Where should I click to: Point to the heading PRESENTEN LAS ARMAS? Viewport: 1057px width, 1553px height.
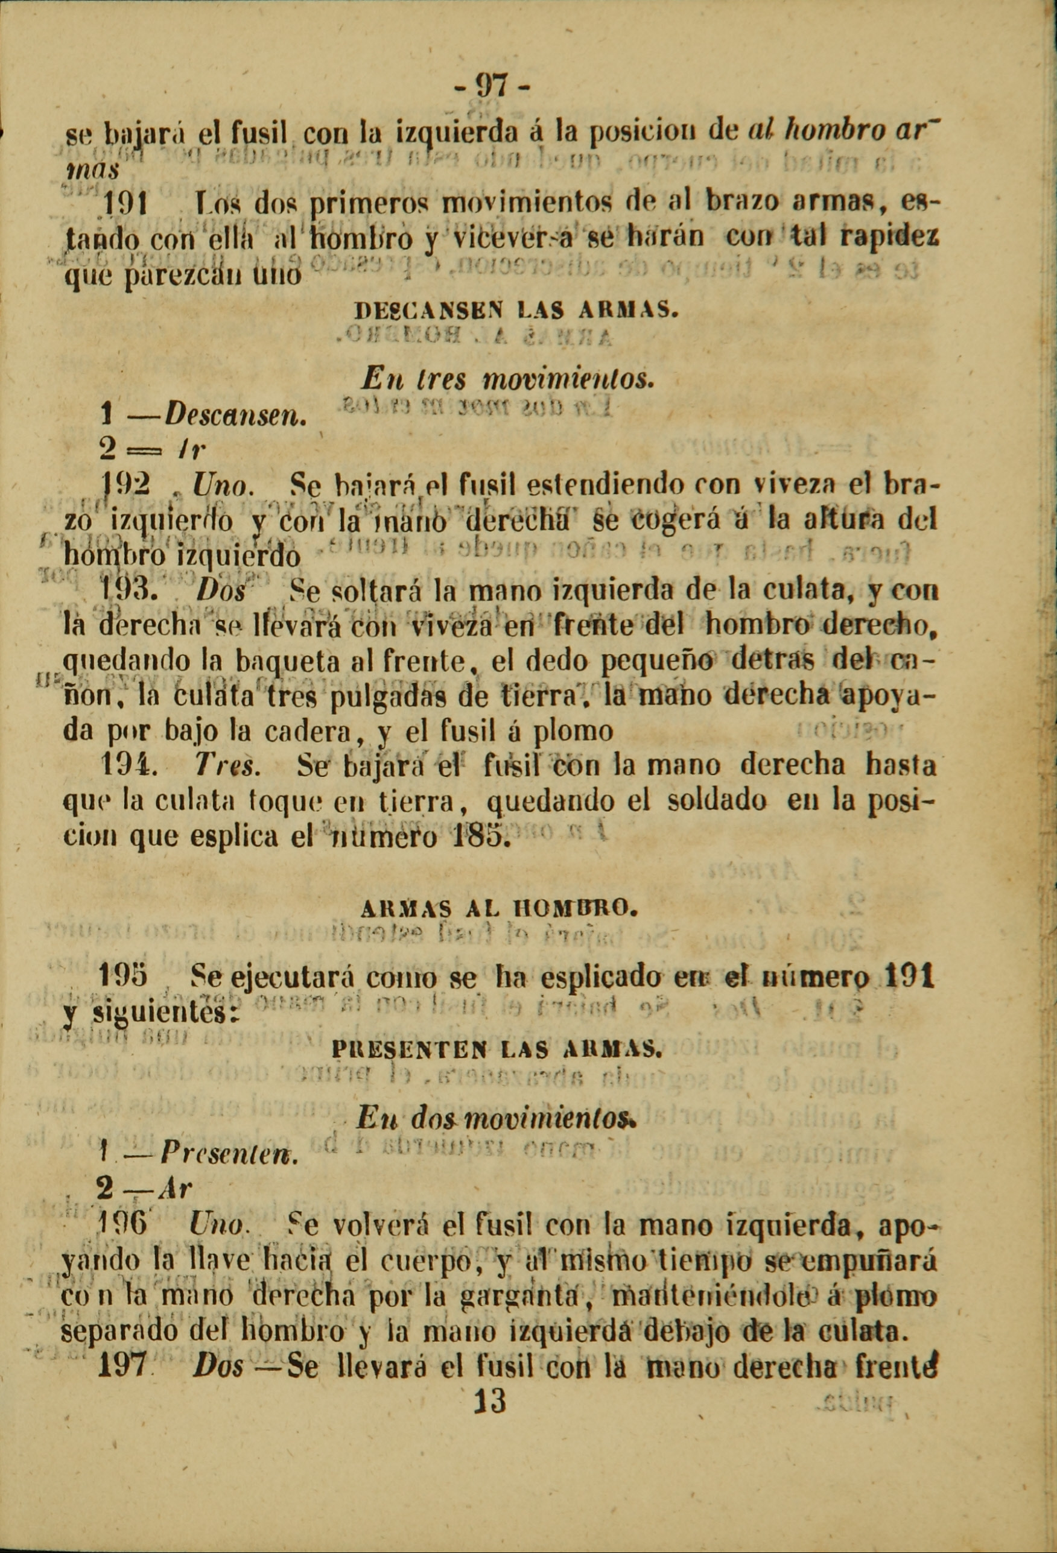[x=496, y=1050]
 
